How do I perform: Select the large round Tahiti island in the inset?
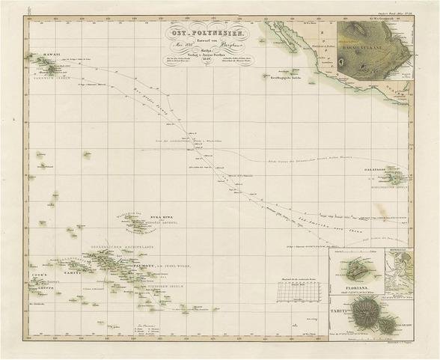point(366,312)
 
